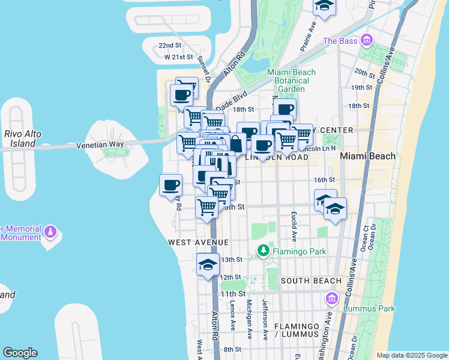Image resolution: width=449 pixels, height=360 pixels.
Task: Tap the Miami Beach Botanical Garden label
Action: tap(291, 80)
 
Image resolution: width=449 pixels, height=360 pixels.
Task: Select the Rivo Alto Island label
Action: tap(22, 139)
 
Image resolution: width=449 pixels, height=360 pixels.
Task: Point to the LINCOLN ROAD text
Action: tap(277, 157)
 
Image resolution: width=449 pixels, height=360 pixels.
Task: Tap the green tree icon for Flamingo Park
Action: tap(263, 250)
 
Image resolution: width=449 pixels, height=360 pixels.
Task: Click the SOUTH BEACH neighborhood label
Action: tap(311, 281)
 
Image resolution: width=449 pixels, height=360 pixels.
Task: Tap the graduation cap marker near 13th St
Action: tap(208, 265)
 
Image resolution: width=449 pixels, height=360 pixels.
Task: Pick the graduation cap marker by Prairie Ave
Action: tap(325, 6)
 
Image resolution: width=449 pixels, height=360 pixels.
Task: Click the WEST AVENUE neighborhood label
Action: tap(198, 242)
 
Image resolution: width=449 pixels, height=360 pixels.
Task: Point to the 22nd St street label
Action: tap(170, 46)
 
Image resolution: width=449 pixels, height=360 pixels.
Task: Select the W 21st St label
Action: tap(178, 57)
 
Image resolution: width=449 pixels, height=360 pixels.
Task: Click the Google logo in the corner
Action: tap(20, 353)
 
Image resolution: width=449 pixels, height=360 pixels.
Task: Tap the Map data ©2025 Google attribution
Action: tap(411, 355)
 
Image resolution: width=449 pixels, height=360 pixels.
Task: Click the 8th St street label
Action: tap(232, 349)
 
